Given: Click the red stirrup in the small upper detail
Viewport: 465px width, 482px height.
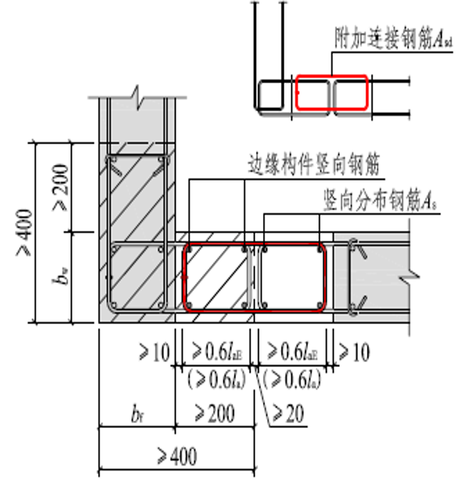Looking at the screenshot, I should (x=313, y=95).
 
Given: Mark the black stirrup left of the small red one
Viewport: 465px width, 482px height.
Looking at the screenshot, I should (x=274, y=95).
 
